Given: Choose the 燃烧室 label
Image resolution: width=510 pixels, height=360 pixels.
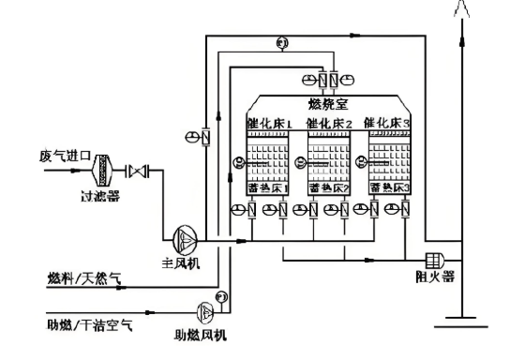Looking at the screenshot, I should (326, 103).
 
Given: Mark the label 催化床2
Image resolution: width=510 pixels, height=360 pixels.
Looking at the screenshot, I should (328, 124).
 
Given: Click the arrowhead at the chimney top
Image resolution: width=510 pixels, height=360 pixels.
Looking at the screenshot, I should (460, 11).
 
